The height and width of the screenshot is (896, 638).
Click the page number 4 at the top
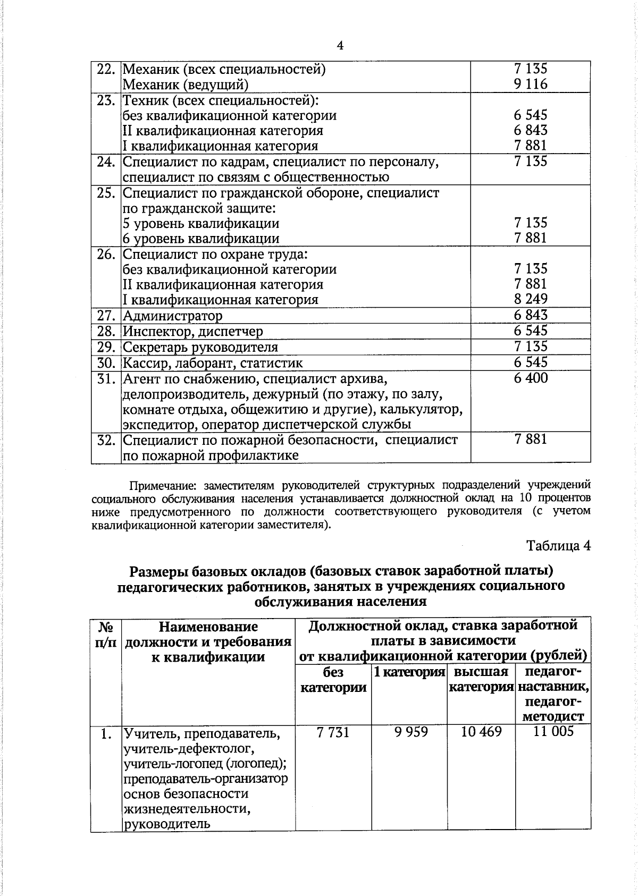pyautogui.click(x=340, y=46)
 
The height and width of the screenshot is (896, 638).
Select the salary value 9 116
pyautogui.click(x=530, y=84)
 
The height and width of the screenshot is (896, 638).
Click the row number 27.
pyautogui.click(x=106, y=316)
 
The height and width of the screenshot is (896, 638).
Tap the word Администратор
pyautogui.click(x=173, y=316)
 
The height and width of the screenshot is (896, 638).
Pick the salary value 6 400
pyautogui.click(x=530, y=378)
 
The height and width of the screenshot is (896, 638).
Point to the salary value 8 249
pyautogui.click(x=530, y=299)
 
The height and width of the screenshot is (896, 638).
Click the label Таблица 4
pyautogui.click(x=558, y=545)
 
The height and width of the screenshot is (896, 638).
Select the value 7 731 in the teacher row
pyautogui.click(x=333, y=732)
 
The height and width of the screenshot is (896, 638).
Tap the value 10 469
pyautogui.click(x=481, y=732)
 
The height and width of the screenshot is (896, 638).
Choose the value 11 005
pyautogui.click(x=553, y=732)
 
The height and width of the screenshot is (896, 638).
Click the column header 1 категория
pyautogui.click(x=409, y=672)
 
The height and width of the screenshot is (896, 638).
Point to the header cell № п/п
pyautogui.click(x=105, y=634)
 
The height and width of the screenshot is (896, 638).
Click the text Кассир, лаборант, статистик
pyautogui.click(x=213, y=364)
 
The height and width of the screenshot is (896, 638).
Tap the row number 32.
pyautogui.click(x=106, y=441)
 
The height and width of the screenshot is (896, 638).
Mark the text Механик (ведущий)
pyautogui.click(x=186, y=84)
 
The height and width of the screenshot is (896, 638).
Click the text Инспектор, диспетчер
pyautogui.click(x=193, y=332)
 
